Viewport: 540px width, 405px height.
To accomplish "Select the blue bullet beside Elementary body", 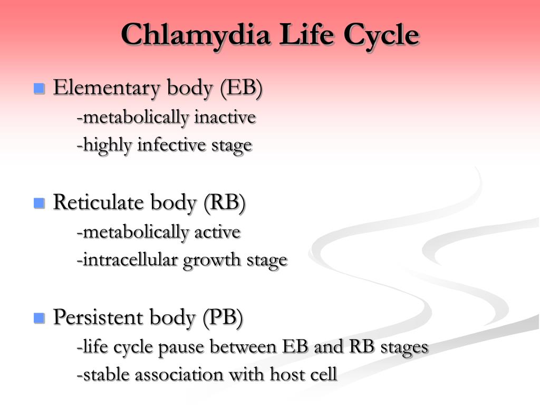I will [39, 88].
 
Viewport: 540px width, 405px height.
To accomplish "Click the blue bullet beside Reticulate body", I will [39, 203].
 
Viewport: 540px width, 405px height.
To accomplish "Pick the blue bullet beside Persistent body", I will [39, 318].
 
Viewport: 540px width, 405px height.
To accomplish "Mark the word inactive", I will [225, 117].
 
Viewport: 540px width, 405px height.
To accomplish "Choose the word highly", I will [108, 146].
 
